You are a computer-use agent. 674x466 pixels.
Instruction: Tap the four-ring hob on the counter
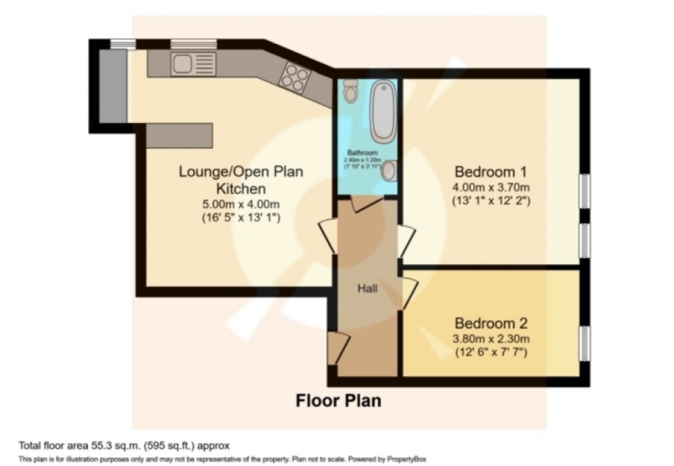(x=293, y=77)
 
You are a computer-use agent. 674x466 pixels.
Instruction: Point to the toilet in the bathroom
(x=351, y=91)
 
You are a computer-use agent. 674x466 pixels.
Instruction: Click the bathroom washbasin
(x=390, y=170)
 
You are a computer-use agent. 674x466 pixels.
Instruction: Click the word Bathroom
(x=362, y=152)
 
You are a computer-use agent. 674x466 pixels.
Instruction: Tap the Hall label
(x=367, y=289)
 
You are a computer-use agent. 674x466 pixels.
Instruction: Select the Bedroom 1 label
(x=490, y=172)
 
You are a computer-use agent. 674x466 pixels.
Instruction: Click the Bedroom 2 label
(x=490, y=323)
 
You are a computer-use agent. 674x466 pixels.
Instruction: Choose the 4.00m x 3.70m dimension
(x=490, y=187)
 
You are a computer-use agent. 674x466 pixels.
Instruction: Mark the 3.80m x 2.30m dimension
(x=490, y=338)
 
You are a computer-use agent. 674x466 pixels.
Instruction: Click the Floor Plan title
(x=338, y=400)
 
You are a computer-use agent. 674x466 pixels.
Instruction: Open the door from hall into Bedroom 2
(x=409, y=293)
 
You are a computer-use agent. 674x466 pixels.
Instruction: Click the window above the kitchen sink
(x=184, y=45)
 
